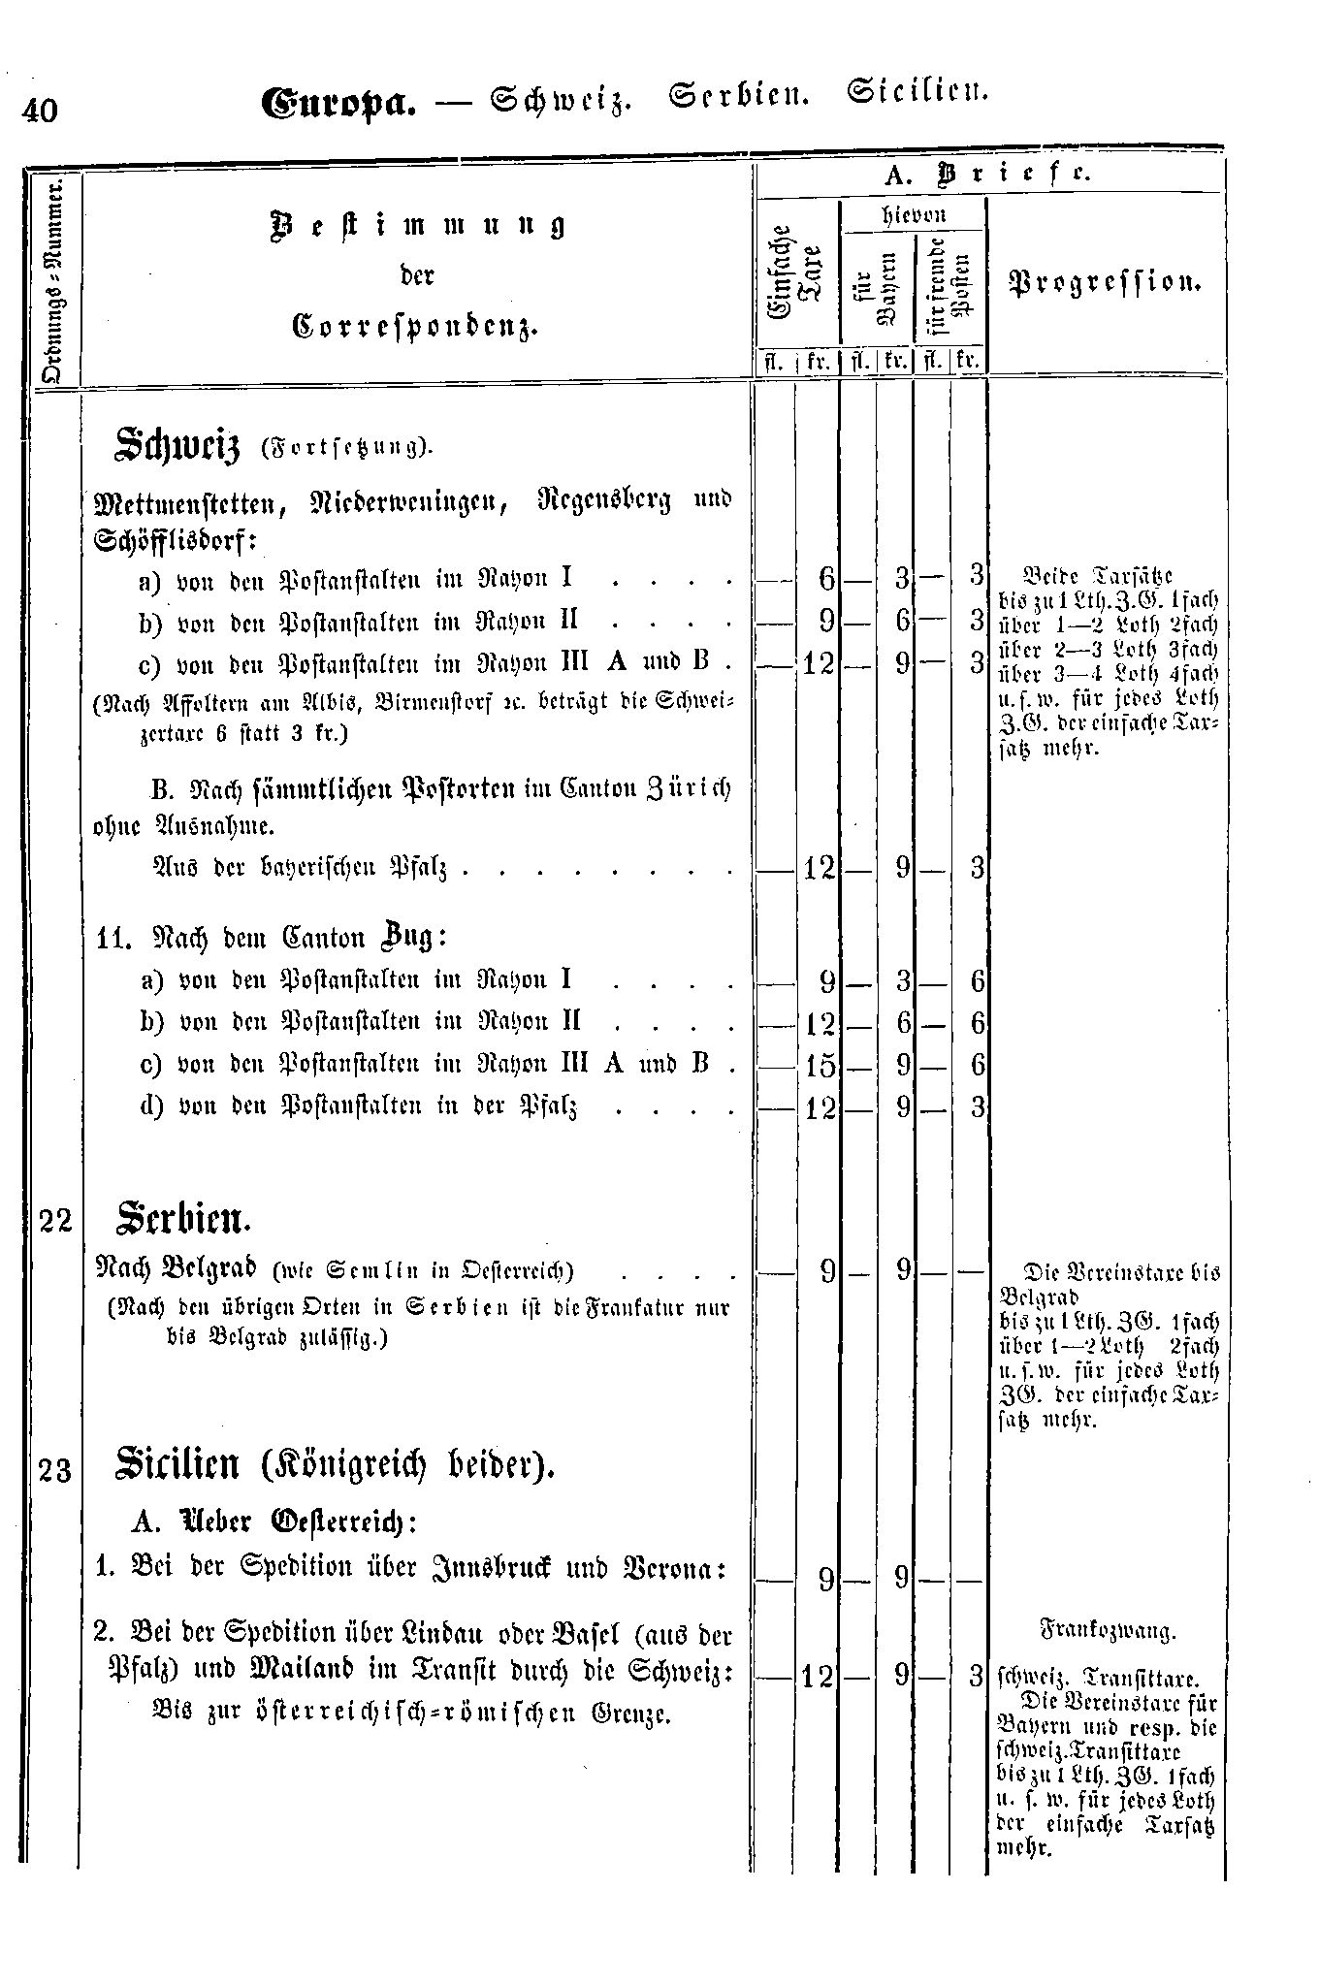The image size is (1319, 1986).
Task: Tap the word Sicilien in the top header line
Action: click(917, 93)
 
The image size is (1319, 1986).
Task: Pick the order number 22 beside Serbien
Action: click(56, 1220)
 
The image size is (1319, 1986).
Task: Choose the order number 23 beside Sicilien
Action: click(56, 1471)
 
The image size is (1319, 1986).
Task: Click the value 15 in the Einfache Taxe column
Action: click(819, 1066)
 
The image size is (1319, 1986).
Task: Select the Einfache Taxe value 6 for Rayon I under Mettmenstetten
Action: click(826, 579)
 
